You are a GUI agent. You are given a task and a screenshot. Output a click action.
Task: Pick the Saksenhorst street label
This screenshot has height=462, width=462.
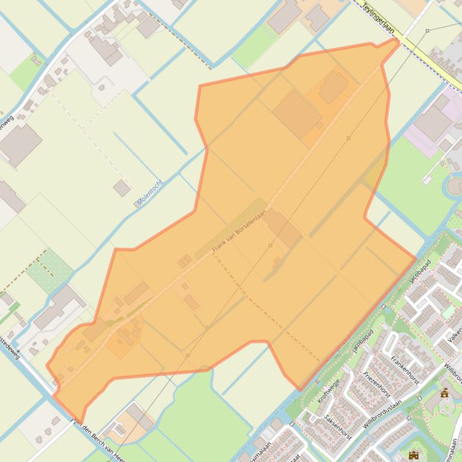click(x=336, y=427)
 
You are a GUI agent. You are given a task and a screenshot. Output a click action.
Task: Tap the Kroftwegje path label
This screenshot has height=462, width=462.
click(x=329, y=391)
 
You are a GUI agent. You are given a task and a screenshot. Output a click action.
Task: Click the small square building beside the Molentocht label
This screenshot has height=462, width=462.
click(x=122, y=188)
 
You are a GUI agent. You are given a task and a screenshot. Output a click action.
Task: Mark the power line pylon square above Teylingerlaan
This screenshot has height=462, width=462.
click(x=427, y=30)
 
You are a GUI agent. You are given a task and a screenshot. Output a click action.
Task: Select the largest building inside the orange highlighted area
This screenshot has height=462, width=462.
click(x=296, y=114)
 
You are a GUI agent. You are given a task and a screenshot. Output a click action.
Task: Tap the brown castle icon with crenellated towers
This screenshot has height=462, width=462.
click(x=413, y=455)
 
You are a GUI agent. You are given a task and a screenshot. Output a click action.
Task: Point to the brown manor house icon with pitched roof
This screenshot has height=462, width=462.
click(x=445, y=393)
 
